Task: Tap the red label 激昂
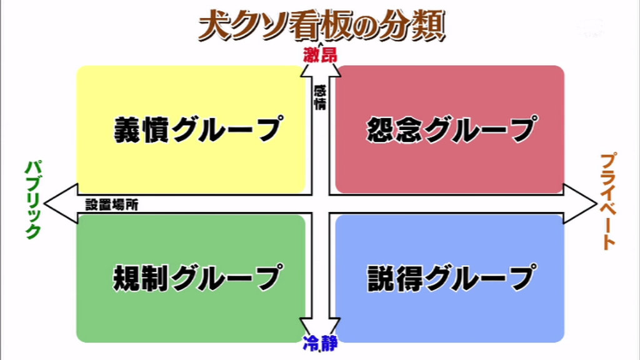click(x=319, y=55)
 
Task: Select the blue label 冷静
click(x=320, y=342)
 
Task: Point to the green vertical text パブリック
click(x=32, y=199)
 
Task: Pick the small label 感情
click(x=320, y=97)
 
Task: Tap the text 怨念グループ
click(x=450, y=129)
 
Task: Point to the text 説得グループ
click(x=450, y=277)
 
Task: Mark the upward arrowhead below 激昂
click(x=320, y=69)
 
